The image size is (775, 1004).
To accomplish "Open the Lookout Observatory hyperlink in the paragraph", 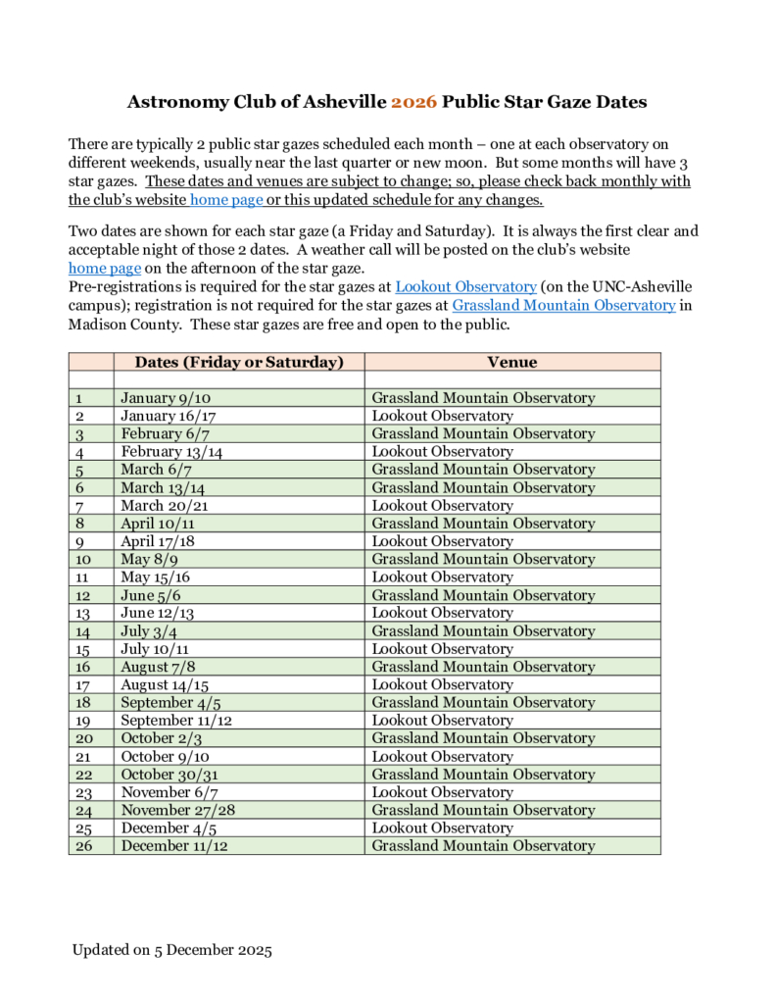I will [x=465, y=286].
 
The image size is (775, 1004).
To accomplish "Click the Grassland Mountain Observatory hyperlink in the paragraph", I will [x=563, y=305].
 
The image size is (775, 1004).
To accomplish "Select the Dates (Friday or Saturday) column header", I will [x=239, y=362].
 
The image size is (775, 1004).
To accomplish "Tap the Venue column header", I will [x=512, y=362].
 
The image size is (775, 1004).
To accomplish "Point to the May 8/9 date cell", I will [x=149, y=559].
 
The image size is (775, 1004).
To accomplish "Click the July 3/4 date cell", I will [x=149, y=631].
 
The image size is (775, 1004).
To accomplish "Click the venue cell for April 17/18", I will [x=442, y=541].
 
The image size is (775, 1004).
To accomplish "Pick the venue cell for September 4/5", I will [x=483, y=703].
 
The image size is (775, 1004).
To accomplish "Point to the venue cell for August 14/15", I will [x=442, y=684].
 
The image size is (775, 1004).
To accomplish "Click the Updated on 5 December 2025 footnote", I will [x=171, y=951].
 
